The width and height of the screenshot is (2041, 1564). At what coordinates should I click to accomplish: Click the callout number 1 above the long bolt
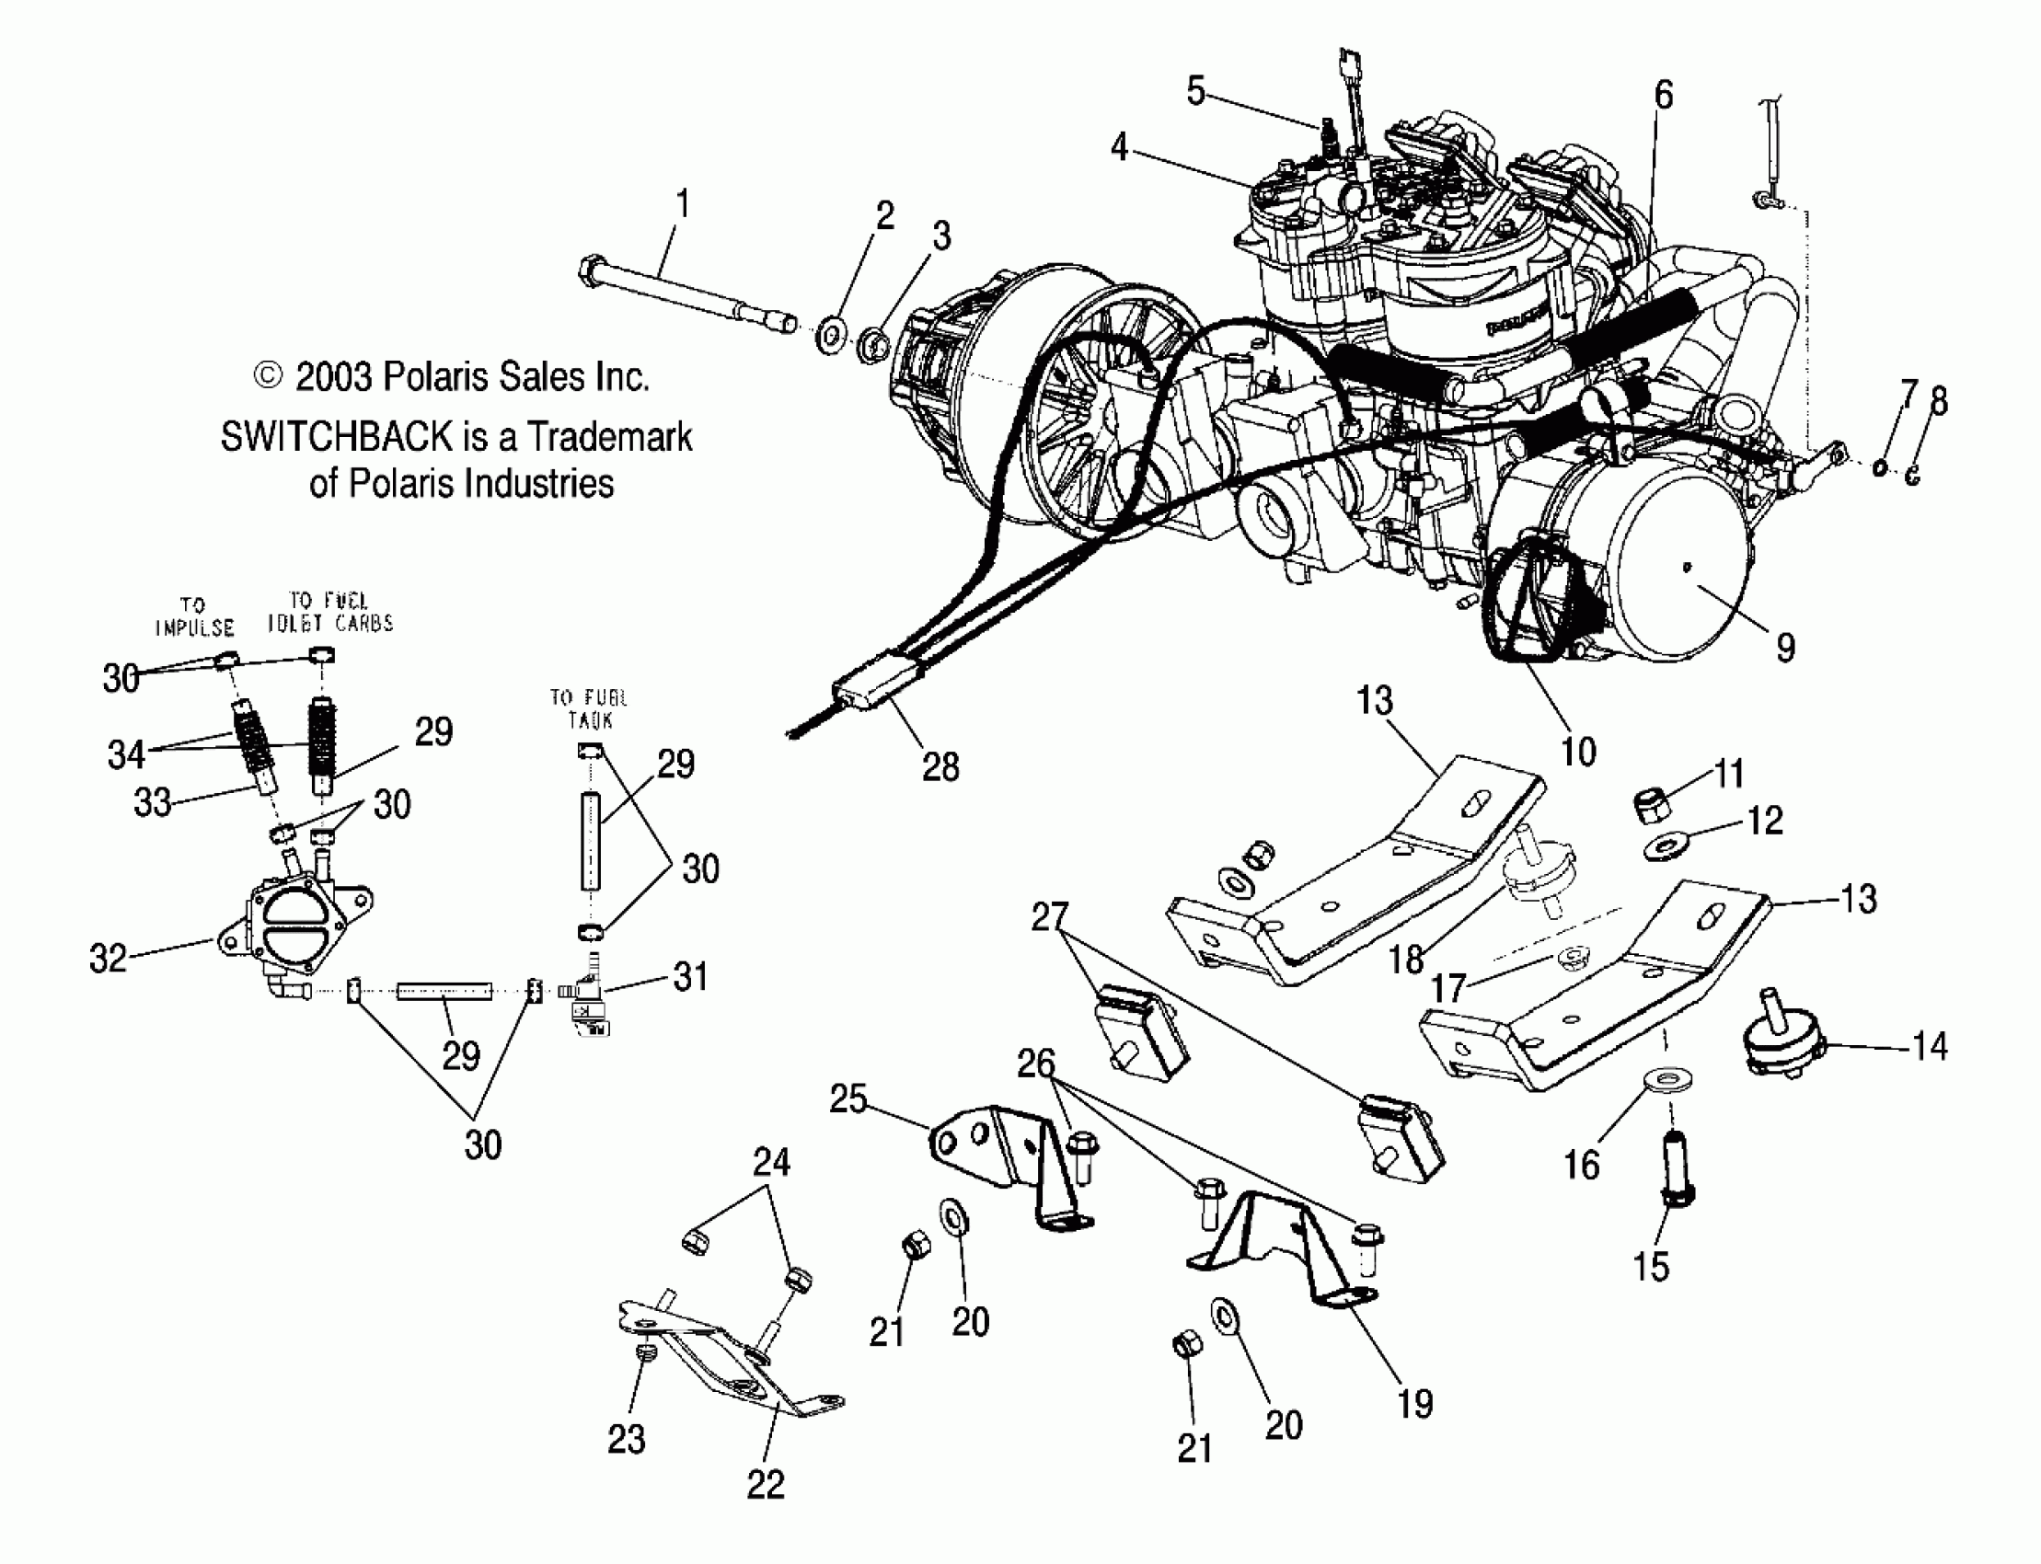[x=683, y=204]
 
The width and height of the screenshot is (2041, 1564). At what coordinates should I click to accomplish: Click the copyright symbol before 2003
[x=267, y=376]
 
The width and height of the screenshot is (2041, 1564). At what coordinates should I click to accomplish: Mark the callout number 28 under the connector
[x=940, y=767]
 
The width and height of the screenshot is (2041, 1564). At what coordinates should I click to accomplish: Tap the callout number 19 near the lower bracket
[x=1414, y=1403]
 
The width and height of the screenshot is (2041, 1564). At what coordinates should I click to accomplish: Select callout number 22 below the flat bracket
[x=766, y=1484]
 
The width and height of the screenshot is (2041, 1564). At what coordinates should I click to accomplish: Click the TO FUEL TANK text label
[x=588, y=708]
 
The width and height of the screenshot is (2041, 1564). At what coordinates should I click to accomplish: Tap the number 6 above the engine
[x=1663, y=95]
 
